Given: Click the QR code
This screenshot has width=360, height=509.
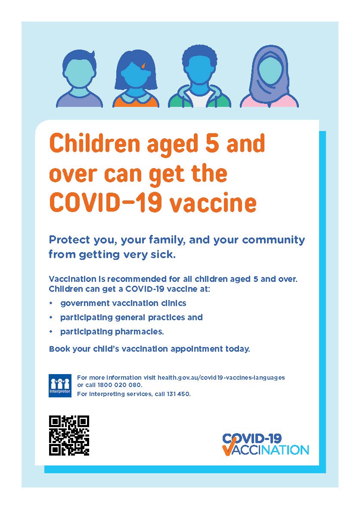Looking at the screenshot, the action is (x=69, y=435).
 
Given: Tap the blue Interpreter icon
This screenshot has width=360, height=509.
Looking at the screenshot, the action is (x=60, y=386).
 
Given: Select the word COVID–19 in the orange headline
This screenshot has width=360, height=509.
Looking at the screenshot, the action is (x=106, y=203).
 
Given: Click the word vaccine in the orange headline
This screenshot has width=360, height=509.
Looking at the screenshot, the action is (x=213, y=203).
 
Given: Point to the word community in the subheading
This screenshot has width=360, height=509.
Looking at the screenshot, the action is (x=273, y=240).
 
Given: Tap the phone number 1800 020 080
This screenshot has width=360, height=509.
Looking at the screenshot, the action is (x=120, y=385).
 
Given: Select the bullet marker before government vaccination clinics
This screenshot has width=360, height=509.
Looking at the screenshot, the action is (x=50, y=303).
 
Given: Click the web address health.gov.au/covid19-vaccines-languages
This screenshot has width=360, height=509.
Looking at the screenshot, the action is (x=221, y=378).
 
